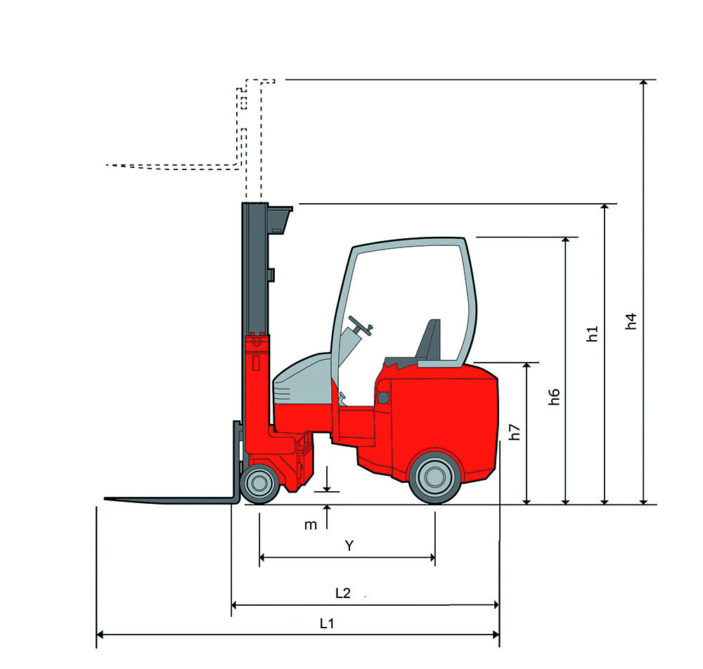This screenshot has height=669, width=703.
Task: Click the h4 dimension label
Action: click(x=631, y=321)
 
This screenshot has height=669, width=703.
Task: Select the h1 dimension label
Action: click(x=592, y=334)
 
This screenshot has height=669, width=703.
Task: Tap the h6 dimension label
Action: click(x=554, y=397)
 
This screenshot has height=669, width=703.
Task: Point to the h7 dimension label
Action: click(x=515, y=432)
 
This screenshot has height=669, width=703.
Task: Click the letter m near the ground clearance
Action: click(x=310, y=525)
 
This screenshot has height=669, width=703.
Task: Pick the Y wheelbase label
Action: click(x=349, y=545)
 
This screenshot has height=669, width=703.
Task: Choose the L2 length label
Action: click(x=343, y=593)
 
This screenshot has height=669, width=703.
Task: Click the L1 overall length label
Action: click(x=327, y=623)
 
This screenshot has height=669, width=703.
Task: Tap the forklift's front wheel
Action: click(x=259, y=483)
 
